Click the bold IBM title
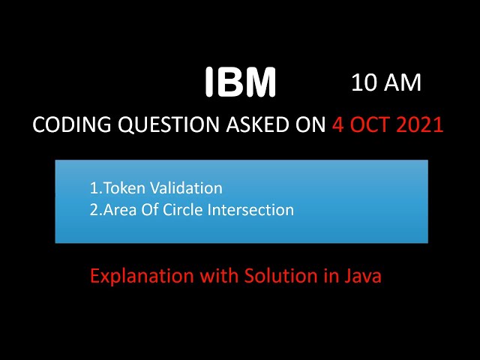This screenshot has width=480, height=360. click(x=241, y=82)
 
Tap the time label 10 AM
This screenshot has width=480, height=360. click(x=386, y=83)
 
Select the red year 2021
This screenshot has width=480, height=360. click(x=420, y=124)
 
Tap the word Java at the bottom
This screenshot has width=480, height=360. click(x=363, y=275)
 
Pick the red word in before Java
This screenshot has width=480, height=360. click(x=331, y=275)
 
